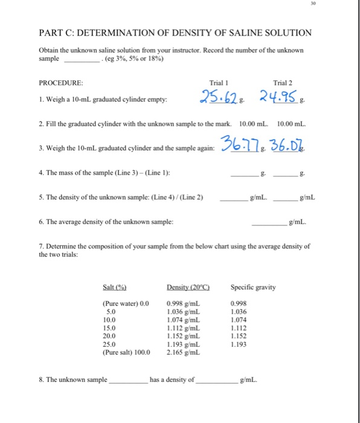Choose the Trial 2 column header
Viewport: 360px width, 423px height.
(x=283, y=82)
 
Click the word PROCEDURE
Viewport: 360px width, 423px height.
(x=61, y=82)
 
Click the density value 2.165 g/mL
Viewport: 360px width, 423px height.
(x=184, y=352)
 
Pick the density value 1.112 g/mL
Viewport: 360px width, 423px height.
(x=184, y=328)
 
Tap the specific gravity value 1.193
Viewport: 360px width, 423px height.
(x=239, y=344)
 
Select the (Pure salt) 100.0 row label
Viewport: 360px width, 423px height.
(x=126, y=352)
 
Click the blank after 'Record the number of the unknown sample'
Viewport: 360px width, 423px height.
(x=81, y=59)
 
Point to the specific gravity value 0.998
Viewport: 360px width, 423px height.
(x=239, y=305)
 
